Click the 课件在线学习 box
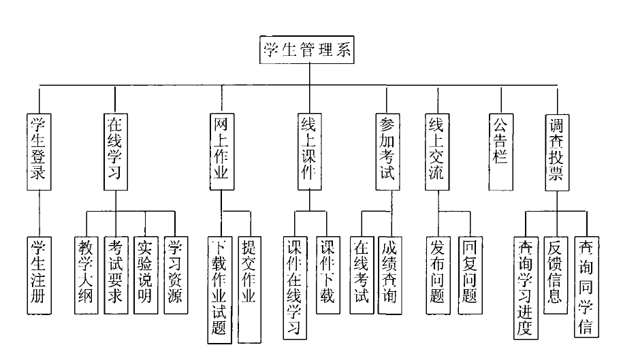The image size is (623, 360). (x=294, y=286)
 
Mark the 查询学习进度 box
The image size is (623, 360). (x=525, y=286)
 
